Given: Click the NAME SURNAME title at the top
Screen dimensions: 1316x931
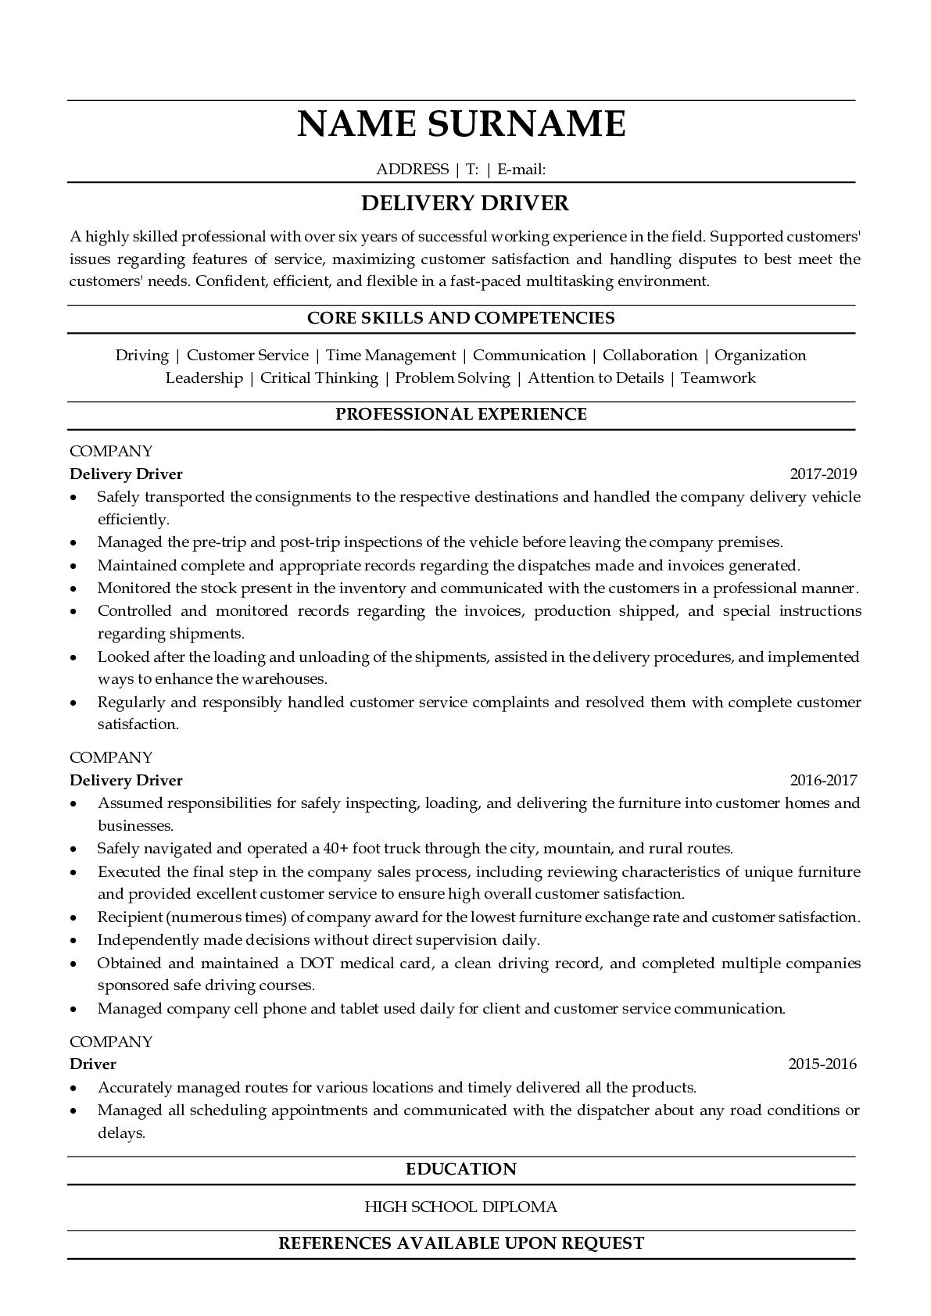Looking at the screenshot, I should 461,124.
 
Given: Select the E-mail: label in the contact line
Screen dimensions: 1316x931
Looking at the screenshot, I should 521,169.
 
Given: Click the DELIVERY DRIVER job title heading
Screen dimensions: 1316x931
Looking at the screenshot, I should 464,203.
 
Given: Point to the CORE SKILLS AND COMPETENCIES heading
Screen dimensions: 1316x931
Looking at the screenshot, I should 460,318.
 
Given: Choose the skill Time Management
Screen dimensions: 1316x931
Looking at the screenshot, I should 390,356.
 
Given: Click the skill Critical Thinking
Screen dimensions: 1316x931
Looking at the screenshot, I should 319,378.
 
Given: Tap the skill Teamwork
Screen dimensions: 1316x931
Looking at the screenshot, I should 718,378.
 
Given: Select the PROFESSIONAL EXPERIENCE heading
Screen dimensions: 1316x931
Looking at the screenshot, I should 461,414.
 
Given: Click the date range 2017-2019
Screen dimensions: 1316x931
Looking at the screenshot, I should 823,474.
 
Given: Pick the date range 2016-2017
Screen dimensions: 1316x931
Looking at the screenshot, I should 823,780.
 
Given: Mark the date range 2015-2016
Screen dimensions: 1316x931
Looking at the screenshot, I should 822,1064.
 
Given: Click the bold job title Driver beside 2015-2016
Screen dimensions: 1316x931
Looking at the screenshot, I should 93,1064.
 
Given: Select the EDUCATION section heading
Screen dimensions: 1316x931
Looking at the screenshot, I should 461,1169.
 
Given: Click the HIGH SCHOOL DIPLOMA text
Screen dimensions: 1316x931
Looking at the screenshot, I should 461,1207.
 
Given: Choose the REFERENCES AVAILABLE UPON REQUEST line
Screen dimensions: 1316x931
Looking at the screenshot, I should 461,1243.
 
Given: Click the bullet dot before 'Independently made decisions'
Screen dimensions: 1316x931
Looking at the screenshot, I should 73,941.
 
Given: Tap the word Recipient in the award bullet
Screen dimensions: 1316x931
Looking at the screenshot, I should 130,917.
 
